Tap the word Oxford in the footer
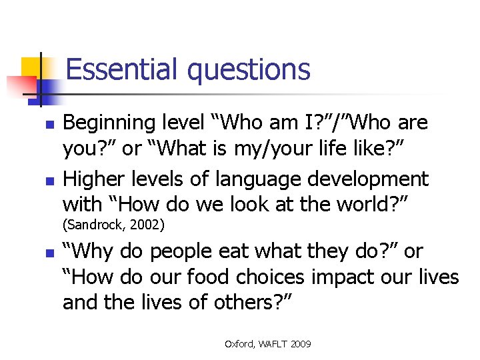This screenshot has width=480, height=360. (x=238, y=344)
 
